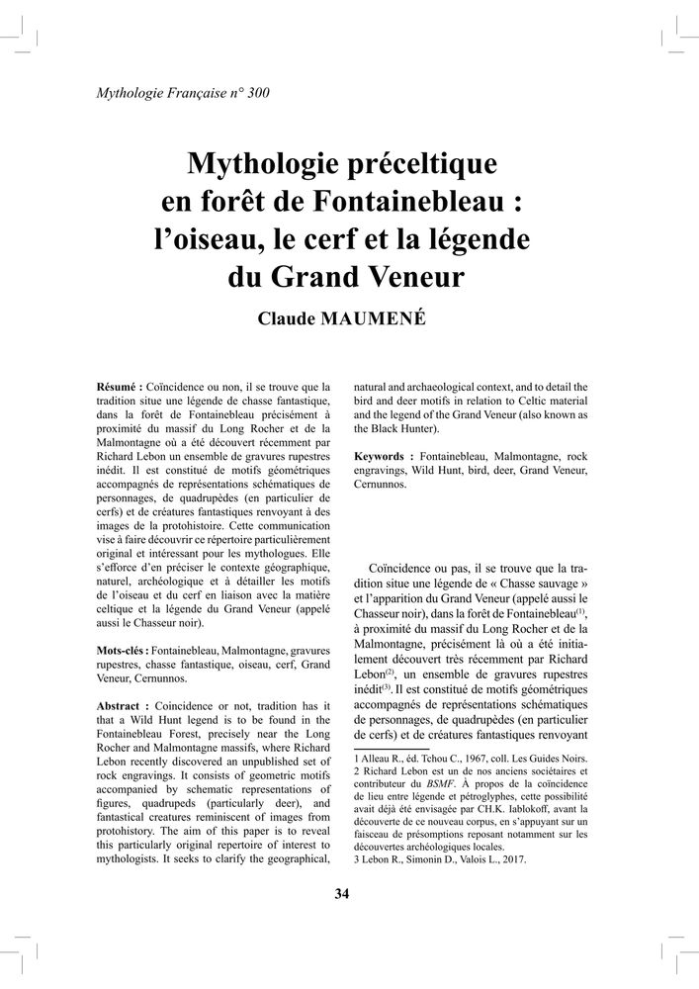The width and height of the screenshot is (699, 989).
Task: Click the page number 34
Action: [x=342, y=894]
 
